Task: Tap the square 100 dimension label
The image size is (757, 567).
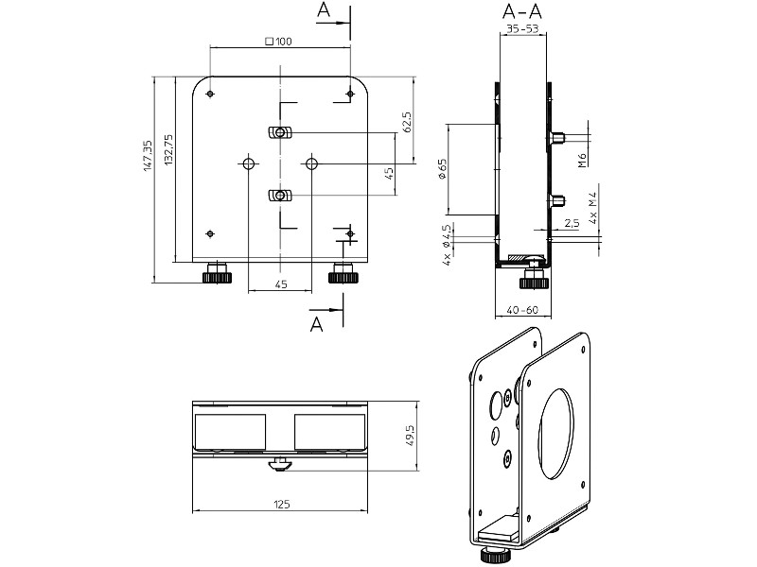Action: pyautogui.click(x=279, y=41)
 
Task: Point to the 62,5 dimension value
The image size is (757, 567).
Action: pyautogui.click(x=406, y=122)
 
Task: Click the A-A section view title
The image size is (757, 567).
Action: pyautogui.click(x=522, y=13)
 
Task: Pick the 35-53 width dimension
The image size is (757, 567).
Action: pyautogui.click(x=522, y=29)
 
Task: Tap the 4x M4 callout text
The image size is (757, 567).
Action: pyautogui.click(x=592, y=206)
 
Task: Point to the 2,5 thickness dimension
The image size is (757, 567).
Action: pyautogui.click(x=571, y=224)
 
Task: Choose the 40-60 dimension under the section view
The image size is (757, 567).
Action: pyautogui.click(x=522, y=310)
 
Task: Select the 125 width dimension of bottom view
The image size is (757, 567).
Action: pyautogui.click(x=281, y=506)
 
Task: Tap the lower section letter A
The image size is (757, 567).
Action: pyautogui.click(x=318, y=324)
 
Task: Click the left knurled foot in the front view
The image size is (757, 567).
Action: pyautogui.click(x=217, y=276)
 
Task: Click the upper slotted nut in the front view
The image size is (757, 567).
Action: pyautogui.click(x=279, y=131)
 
